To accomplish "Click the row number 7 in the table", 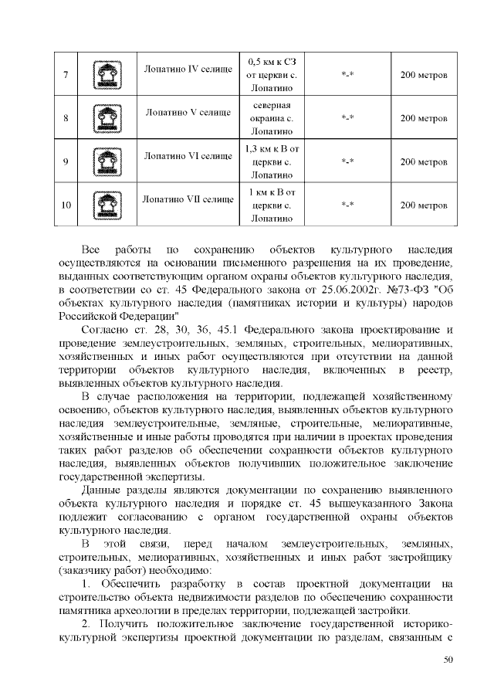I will click(66, 76).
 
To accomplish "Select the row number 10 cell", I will click(66, 205).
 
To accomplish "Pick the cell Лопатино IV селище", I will click(188, 70).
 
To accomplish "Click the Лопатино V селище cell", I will click(188, 113).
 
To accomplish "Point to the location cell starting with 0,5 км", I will click(271, 76).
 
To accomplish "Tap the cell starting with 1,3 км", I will click(271, 162).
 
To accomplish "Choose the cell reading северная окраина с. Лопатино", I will click(271, 119).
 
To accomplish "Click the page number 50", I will click(448, 659).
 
